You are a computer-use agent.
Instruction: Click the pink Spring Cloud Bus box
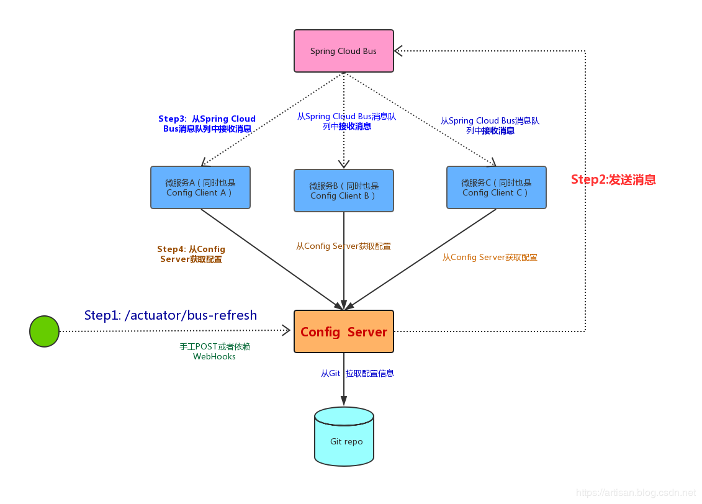[x=343, y=51]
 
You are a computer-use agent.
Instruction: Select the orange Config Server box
[x=343, y=331]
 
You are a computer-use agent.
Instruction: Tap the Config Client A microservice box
[x=200, y=187]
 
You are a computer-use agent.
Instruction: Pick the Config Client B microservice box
[x=344, y=191]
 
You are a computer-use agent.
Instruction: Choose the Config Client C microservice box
[x=496, y=187]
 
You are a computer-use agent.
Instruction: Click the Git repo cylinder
[x=344, y=437]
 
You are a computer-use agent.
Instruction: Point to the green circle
[x=44, y=331]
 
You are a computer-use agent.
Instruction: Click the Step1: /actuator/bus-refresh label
[x=171, y=315]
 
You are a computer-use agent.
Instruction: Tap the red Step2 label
[x=613, y=180]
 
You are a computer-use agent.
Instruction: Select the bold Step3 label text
[x=207, y=124]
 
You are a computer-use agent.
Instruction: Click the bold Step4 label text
[x=191, y=254]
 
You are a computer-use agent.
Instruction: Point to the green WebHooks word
[x=214, y=357]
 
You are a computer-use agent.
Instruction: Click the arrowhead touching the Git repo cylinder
[x=344, y=403]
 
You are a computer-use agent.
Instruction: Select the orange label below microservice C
[x=490, y=258]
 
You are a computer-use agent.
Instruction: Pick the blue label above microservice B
[x=346, y=121]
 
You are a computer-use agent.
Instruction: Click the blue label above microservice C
[x=490, y=125]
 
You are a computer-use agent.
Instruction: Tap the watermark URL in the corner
[x=636, y=493]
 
